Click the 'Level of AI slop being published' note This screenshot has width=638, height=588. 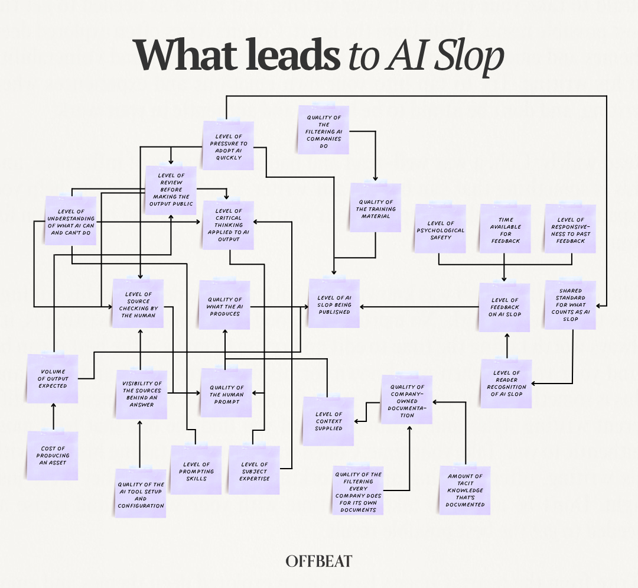click(334, 304)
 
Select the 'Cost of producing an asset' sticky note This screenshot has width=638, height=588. click(53, 456)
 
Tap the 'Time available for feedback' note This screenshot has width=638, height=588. click(505, 229)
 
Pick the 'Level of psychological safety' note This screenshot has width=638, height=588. click(440, 229)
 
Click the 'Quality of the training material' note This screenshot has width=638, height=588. click(376, 208)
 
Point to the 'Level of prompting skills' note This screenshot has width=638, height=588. click(196, 470)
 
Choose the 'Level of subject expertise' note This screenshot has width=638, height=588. click(254, 470)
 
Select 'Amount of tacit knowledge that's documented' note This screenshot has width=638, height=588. click(465, 490)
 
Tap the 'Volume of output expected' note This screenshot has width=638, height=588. click(53, 379)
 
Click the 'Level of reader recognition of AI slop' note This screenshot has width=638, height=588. click(506, 384)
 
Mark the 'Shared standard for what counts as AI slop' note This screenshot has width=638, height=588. click(571, 305)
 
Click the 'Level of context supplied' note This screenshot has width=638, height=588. click(328, 421)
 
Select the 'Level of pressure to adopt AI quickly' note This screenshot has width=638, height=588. click(228, 146)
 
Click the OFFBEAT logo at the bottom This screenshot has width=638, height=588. click(318, 561)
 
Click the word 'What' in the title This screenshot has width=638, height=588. click(186, 55)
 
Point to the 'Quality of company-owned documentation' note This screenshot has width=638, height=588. click(406, 400)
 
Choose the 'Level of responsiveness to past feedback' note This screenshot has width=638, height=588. click(571, 229)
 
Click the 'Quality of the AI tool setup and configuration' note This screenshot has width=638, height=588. click(141, 493)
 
